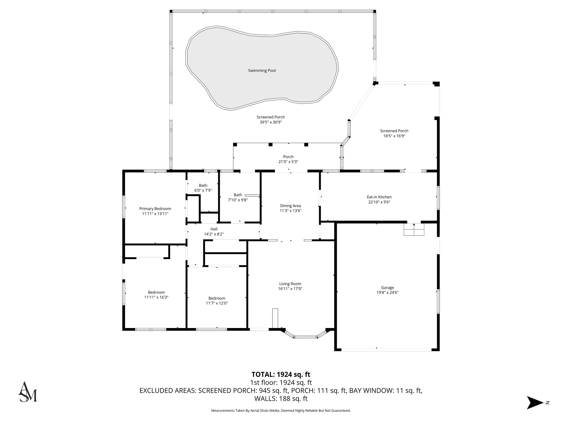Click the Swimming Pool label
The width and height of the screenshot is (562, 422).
coord(262,71)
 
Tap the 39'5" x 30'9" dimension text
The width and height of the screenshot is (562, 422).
coord(271,122)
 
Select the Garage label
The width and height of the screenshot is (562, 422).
coord(387,288)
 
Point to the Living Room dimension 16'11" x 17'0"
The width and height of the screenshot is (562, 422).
coord(290,289)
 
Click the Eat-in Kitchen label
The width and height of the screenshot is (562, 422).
coord(379,197)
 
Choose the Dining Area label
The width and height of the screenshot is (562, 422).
coord(290,206)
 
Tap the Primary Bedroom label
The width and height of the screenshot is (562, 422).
coord(155,209)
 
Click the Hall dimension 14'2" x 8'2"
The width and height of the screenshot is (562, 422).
coord(214,234)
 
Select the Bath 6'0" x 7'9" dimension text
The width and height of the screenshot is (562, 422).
coord(203,190)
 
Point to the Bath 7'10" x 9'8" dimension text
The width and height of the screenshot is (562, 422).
coord(238,200)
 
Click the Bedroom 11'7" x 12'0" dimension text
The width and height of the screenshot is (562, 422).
coord(217,303)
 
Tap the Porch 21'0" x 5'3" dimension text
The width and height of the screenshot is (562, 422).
coord(288,162)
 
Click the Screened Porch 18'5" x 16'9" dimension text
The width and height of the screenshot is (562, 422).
coord(394,136)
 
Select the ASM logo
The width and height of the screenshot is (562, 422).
coord(27,392)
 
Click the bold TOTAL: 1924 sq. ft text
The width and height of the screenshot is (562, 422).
coord(281,374)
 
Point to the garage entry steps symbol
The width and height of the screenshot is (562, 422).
coord(414,229)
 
